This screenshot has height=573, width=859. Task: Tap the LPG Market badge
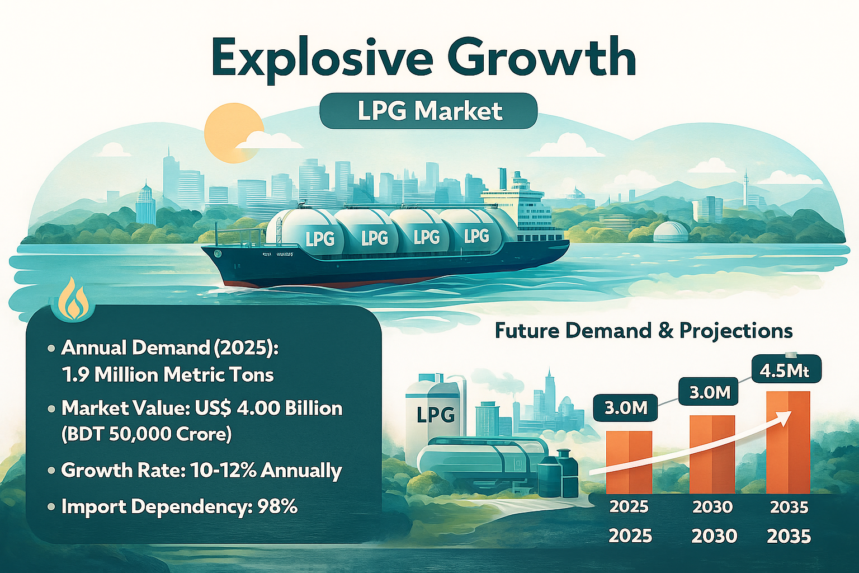428,111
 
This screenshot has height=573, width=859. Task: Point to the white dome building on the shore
671,231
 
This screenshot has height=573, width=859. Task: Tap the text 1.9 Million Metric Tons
168,374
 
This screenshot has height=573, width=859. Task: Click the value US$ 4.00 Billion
268,408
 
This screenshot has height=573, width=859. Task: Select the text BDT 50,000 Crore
146,434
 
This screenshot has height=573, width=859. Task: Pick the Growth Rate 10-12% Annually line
201,470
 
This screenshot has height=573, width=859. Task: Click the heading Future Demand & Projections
644,331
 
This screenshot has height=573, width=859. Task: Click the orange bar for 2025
629,462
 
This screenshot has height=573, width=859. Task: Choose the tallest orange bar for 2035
788,442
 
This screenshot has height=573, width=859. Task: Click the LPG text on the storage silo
436,415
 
